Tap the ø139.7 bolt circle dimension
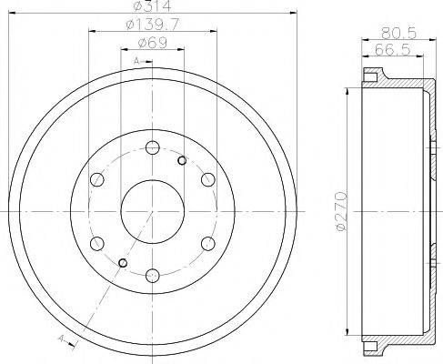151,26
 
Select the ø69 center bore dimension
151,44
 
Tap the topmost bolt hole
152,147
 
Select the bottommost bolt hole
152,272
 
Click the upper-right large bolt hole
206,178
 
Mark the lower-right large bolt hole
206,241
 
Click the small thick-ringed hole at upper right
182,161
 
